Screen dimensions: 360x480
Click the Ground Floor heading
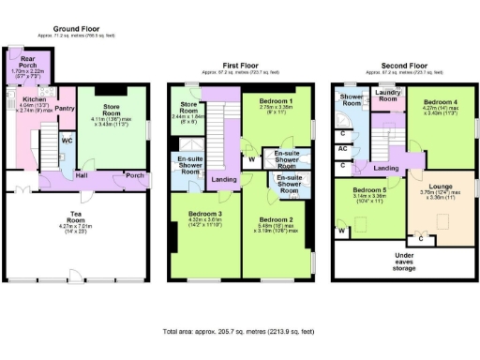(x=78, y=29)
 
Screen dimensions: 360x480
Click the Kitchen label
(x=35, y=98)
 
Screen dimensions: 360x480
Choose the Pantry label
(x=65, y=109)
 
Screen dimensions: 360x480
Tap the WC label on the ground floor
(x=67, y=142)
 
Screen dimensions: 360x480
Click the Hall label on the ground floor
(x=82, y=173)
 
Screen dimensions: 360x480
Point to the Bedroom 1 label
(x=277, y=100)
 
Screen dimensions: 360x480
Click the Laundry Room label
(x=386, y=96)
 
